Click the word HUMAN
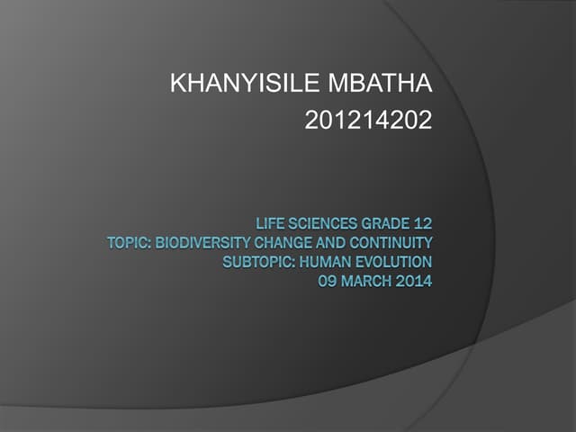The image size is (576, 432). click(x=322, y=262)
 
